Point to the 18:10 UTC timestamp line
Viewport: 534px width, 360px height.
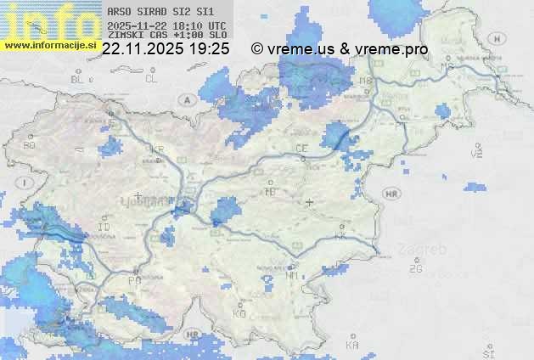(166, 25)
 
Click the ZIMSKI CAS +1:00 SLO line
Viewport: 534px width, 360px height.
(166, 36)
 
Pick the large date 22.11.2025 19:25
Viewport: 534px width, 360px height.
(166, 49)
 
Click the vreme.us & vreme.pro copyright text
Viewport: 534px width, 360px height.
(340, 49)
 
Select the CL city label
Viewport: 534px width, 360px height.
(152, 79)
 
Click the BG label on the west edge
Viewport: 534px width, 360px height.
(30, 145)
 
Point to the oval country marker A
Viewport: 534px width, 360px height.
(186, 99)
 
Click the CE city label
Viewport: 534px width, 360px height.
(301, 148)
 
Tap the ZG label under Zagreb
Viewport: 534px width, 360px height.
(415, 269)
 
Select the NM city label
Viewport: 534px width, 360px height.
(292, 275)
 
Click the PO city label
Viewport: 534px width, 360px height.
(134, 279)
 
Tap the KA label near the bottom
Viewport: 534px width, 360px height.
(352, 346)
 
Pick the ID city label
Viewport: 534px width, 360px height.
(104, 228)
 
